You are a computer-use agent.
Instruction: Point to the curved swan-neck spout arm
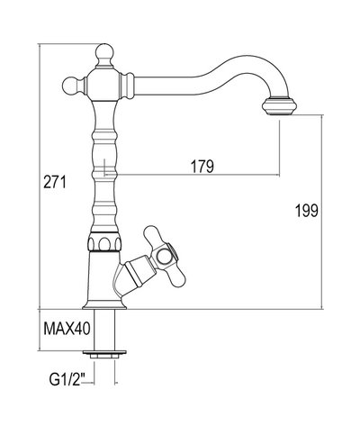[198, 74]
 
